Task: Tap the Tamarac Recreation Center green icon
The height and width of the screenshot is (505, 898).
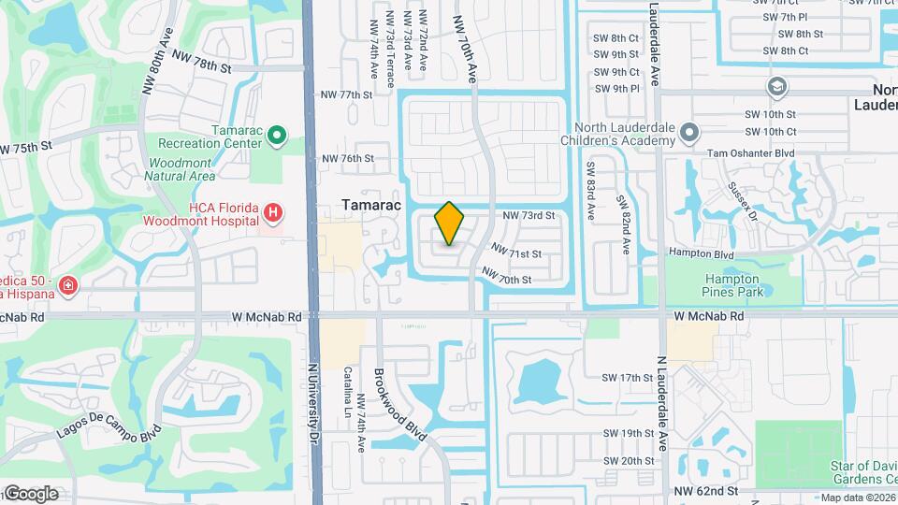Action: pyautogui.click(x=276, y=137)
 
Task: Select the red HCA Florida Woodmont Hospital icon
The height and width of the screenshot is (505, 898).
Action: pyautogui.click(x=272, y=214)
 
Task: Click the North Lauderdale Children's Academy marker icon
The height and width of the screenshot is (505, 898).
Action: pyautogui.click(x=689, y=133)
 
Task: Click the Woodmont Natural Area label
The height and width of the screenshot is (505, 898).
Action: pyautogui.click(x=181, y=169)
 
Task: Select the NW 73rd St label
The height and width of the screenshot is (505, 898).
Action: pyautogui.click(x=529, y=215)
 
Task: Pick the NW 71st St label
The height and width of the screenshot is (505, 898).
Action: pyautogui.click(x=516, y=252)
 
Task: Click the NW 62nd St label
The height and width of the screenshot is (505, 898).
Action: pyautogui.click(x=706, y=490)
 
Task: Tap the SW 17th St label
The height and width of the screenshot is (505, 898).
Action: pyautogui.click(x=627, y=378)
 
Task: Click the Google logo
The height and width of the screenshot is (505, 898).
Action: pyautogui.click(x=30, y=493)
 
